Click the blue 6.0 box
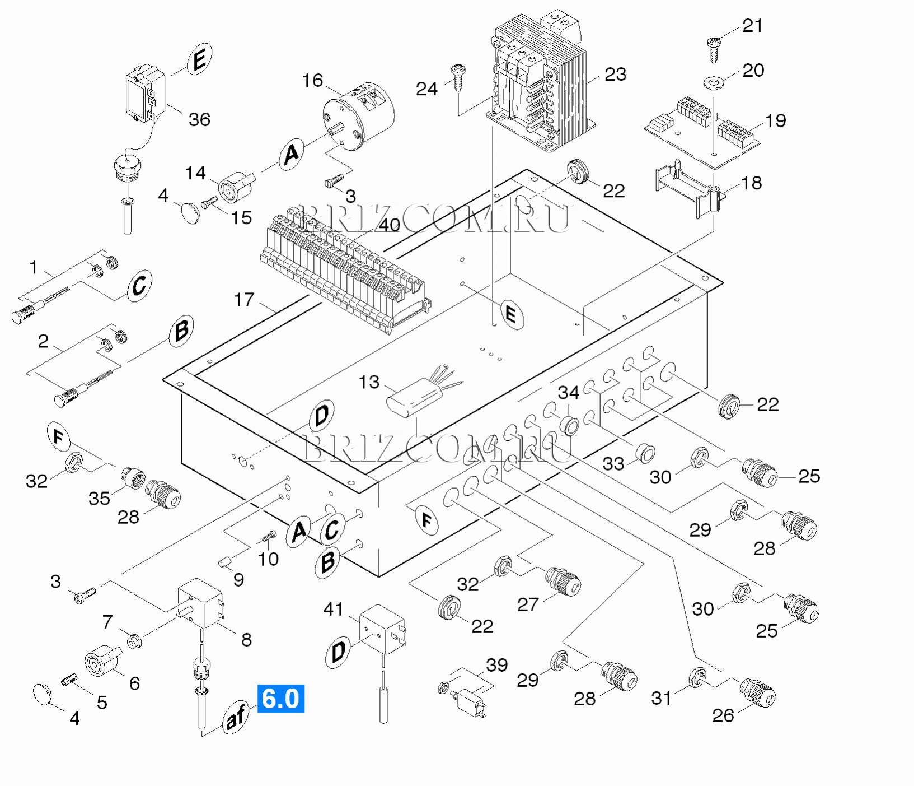coord(280,699)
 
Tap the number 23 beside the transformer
coord(615,75)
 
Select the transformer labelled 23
coord(540,84)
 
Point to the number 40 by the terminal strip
coord(390,225)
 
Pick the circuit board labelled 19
coord(702,130)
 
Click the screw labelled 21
coord(714,48)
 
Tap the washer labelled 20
coord(713,83)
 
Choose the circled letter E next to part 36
coord(199,59)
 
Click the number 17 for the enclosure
coord(244,300)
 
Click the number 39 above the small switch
coord(496,665)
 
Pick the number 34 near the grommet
coord(568,392)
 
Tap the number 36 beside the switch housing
coord(199,119)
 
